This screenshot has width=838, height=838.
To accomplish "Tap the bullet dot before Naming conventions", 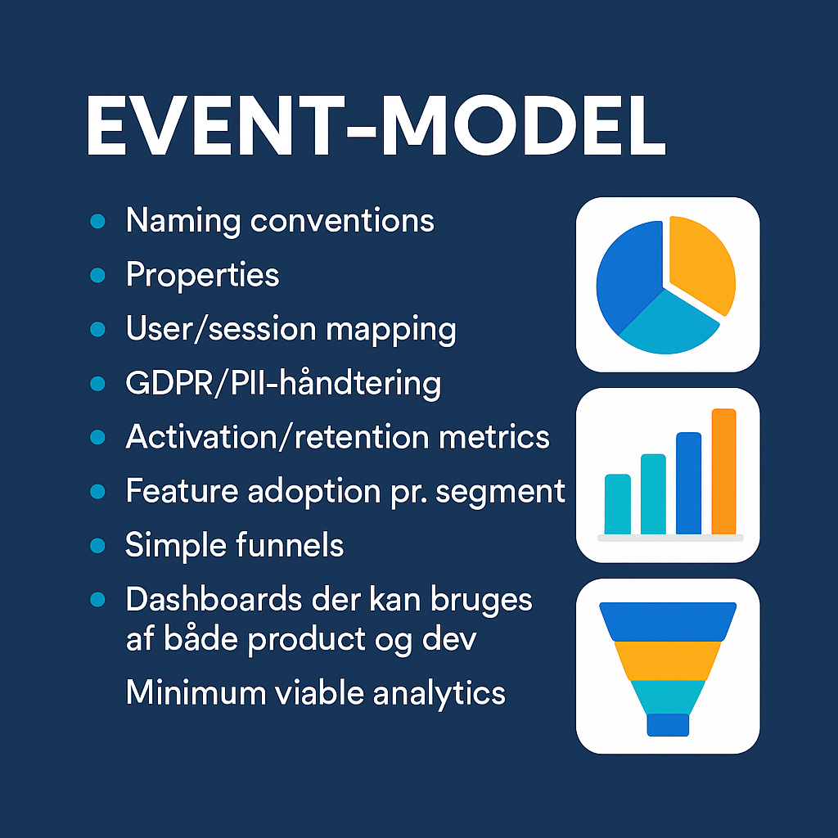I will coord(97,221).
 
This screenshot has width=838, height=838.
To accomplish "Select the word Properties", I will coord(202,276).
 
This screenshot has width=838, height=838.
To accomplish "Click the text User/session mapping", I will coord(291,329).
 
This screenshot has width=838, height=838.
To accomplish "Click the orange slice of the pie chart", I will coord(700,262).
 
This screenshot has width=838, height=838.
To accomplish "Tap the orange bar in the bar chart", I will coord(723,471).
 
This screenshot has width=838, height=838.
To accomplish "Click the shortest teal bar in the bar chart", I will coord(617,504).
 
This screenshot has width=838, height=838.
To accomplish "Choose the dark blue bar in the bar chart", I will coord(688,483).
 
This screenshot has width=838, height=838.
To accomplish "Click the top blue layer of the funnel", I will coord(667,621).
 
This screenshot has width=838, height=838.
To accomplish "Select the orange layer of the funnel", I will coord(667,660).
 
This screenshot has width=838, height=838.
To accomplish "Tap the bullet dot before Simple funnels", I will coord(97,545).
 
